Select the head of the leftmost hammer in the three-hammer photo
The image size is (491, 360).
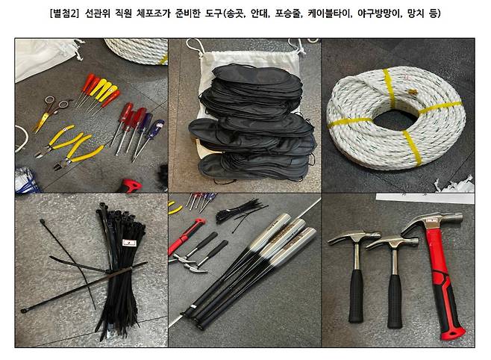pyautogui.click(x=345, y=240)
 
